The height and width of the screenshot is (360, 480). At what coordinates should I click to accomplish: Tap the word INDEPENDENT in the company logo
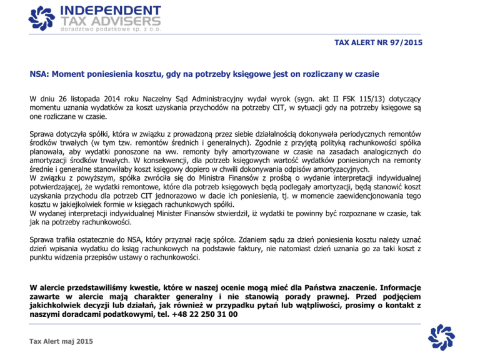point(110,10)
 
